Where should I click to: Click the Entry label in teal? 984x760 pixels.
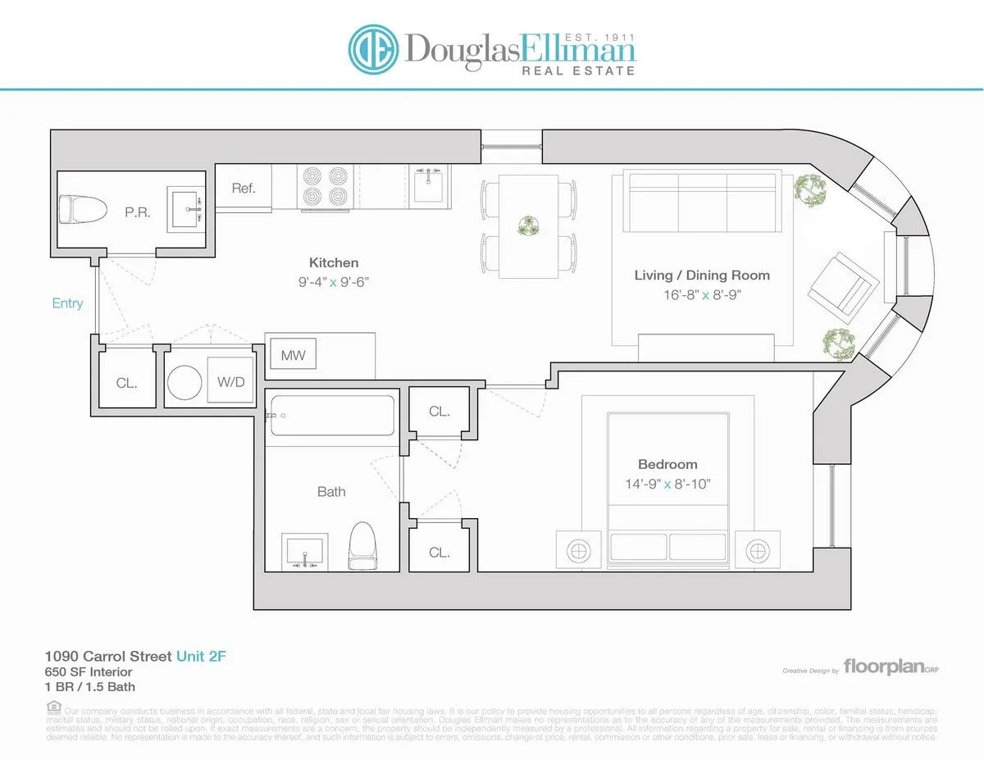click(x=67, y=303)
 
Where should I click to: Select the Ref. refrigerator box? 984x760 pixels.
click(x=244, y=188)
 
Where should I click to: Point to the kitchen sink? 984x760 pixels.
click(x=428, y=184)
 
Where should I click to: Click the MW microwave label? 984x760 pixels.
click(x=293, y=356)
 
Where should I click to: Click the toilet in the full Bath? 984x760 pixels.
click(x=362, y=545)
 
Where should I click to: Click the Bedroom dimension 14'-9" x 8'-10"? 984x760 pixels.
click(x=667, y=484)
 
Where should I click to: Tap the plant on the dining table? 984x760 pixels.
click(x=529, y=224)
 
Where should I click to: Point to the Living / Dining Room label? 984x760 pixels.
click(x=702, y=275)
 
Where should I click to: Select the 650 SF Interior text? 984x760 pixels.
click(x=88, y=671)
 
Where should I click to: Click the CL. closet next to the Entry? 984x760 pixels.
click(x=126, y=382)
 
